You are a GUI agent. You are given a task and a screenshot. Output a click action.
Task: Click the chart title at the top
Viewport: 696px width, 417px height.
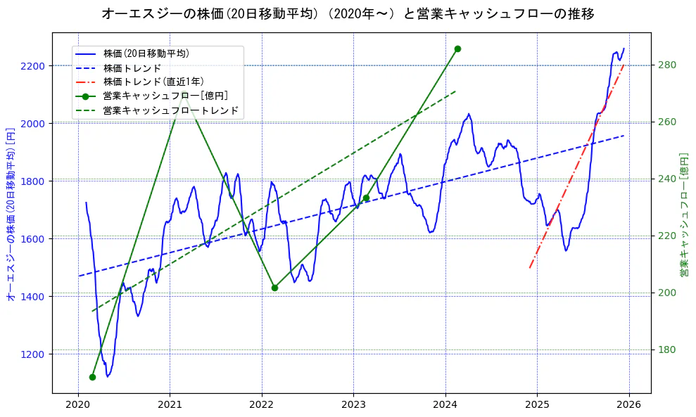coord(348,13)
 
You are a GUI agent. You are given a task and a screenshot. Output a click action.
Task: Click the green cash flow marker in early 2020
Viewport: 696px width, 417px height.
coord(92,377)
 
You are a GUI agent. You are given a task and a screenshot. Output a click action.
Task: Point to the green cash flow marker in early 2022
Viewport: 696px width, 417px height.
coord(274,288)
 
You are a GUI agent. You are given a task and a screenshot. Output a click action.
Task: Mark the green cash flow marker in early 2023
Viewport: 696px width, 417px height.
coord(366,198)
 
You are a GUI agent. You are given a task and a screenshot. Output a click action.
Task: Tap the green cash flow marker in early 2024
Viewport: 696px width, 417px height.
coord(457,49)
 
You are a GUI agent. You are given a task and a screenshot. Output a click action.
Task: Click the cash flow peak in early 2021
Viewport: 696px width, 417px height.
coord(184,92)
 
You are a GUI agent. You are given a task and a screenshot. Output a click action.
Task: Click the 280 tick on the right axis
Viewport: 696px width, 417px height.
coord(666,65)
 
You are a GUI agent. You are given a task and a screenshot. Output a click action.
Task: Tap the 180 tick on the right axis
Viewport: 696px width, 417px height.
coord(666,350)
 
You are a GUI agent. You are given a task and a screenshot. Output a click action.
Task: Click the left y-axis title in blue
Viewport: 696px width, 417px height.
coord(11,214)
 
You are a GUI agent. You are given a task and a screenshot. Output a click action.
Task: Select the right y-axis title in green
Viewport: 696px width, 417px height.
coord(683,214)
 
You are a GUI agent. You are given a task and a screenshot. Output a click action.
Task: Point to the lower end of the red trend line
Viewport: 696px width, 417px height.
coord(529,268)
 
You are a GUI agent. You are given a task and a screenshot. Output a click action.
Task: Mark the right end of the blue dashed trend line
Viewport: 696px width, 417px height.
coord(624,135)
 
